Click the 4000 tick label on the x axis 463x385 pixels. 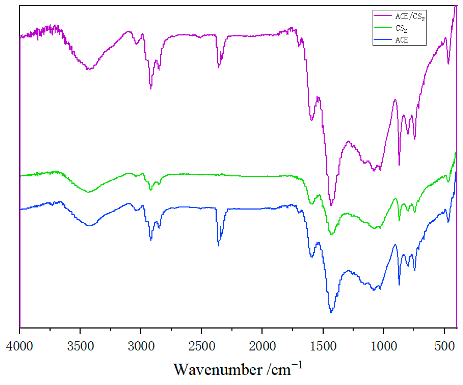[20, 346]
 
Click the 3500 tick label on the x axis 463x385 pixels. [80, 346]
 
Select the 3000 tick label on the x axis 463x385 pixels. [141, 346]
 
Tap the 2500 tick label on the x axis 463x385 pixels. [202, 346]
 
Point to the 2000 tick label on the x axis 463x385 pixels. [262, 346]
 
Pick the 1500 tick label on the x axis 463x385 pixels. [323, 346]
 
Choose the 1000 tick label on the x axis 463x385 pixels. [384, 346]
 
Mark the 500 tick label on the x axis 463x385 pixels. [445, 346]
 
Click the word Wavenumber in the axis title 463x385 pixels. [218, 370]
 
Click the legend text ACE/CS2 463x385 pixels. [410, 17]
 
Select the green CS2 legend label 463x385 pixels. [401, 28]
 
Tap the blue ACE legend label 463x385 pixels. [402, 40]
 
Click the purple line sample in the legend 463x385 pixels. [383, 16]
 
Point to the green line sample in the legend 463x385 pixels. [383, 28]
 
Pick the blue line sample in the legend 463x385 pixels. [383, 40]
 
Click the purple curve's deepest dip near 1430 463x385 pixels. [331, 205]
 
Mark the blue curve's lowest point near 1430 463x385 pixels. [331, 312]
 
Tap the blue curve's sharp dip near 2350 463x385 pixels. [219, 245]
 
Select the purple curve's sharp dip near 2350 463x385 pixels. [219, 67]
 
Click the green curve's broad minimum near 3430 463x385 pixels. [88, 192]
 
